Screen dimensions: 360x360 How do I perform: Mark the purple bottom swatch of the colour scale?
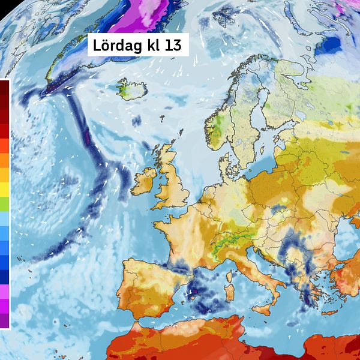click(4, 321)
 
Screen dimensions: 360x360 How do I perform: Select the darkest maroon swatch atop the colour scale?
click(4, 87)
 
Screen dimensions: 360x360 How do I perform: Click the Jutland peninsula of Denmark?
click(226, 162)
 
